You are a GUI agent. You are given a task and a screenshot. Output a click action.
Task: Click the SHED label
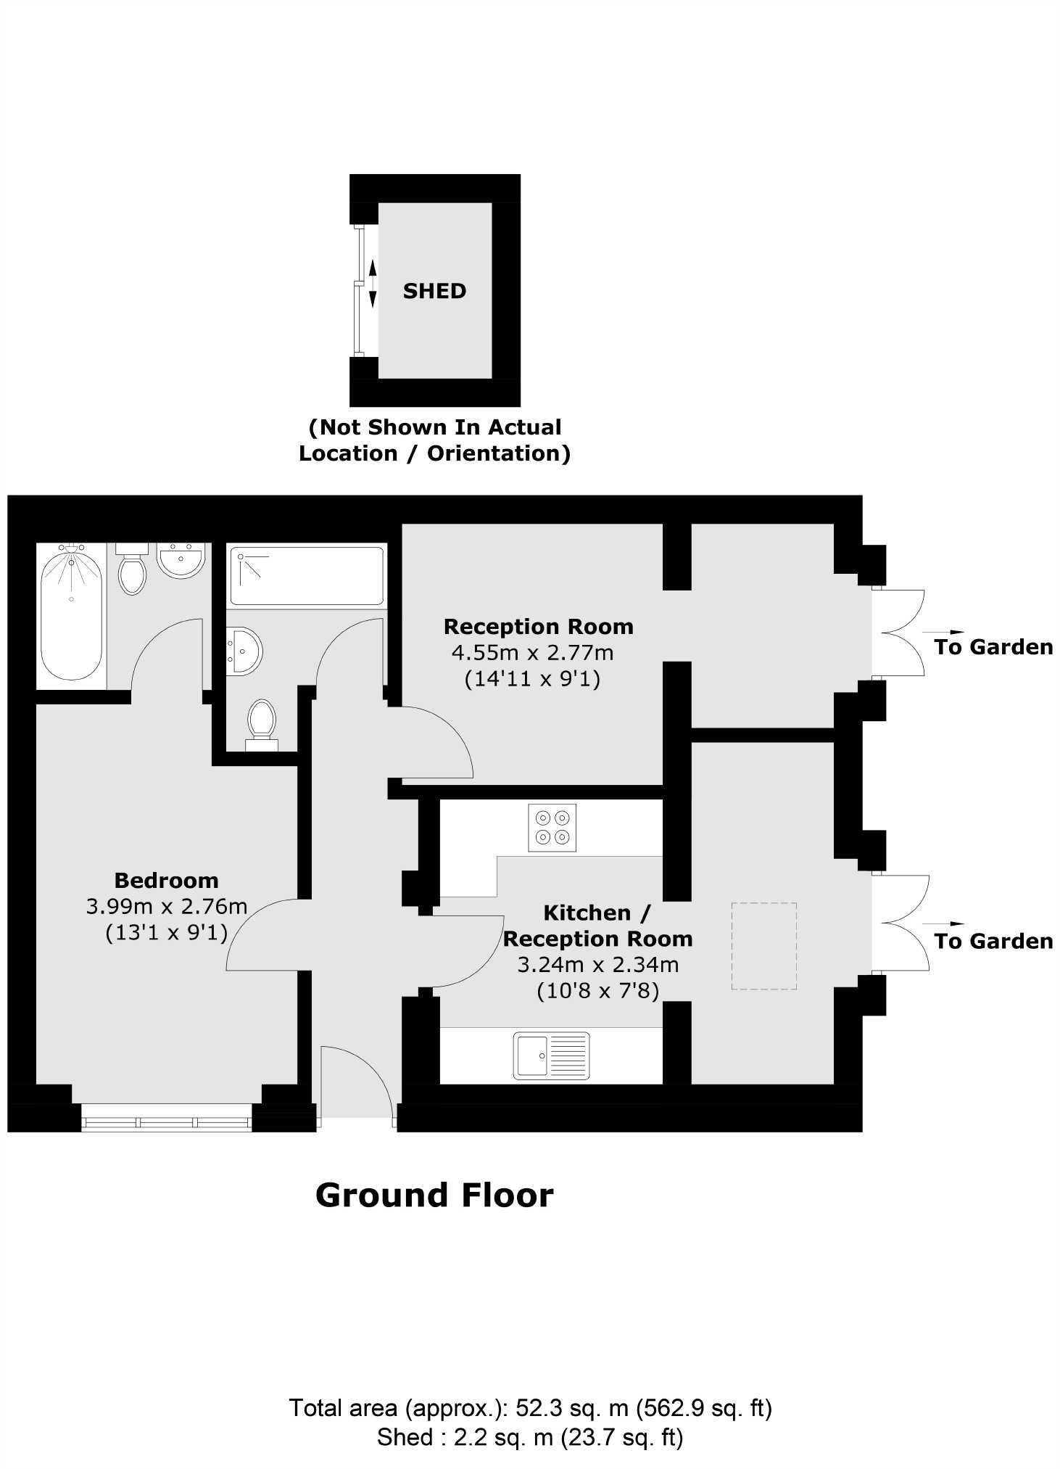point(434,291)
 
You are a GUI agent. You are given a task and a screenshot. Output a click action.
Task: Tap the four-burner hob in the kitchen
point(552,827)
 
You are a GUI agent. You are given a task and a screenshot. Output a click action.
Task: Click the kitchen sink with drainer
point(551,1056)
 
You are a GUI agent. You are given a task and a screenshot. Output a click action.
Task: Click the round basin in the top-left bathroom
point(180,561)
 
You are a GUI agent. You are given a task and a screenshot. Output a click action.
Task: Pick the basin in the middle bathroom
point(242,651)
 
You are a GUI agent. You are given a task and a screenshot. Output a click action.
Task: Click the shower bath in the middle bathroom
point(306,575)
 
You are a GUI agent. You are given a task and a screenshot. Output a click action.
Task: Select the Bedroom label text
point(166,881)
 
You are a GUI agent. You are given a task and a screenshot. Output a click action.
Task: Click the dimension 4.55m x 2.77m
point(532,653)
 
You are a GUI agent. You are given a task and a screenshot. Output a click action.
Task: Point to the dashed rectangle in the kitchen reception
point(763,946)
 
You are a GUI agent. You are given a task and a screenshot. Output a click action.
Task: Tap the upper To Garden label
point(993,647)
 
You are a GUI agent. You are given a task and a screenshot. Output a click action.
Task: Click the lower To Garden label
point(993,941)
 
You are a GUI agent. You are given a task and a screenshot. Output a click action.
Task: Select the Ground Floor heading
point(434,1195)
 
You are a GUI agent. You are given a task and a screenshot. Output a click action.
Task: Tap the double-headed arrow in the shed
point(373,283)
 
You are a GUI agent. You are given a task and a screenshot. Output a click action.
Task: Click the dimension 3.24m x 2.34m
point(597,965)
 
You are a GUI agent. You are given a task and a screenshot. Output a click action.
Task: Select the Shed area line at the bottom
point(530,1436)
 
